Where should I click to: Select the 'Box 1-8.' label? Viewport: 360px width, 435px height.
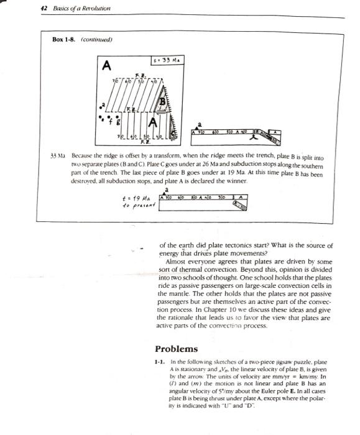[x=65, y=40]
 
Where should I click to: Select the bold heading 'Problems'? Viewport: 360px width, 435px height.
[x=176, y=349]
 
